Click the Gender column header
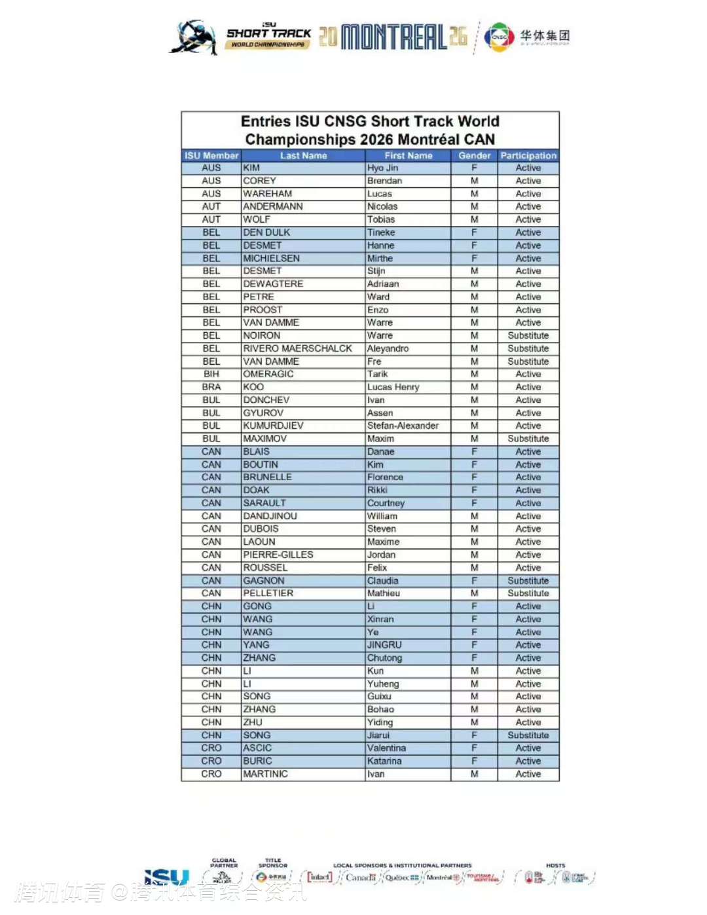474,156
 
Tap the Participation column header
528,156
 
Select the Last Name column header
303,156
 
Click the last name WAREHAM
268,194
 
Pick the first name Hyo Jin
383,168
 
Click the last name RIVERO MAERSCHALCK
297,348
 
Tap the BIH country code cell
211,374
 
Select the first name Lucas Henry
393,387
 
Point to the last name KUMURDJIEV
273,426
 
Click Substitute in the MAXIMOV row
528,439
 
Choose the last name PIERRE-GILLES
278,555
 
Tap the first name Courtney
386,503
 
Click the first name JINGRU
384,645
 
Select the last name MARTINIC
265,774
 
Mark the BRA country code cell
211,387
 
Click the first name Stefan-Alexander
403,426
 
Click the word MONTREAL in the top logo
393,37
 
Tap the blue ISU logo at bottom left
166,877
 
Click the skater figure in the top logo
194,38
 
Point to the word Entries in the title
265,122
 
